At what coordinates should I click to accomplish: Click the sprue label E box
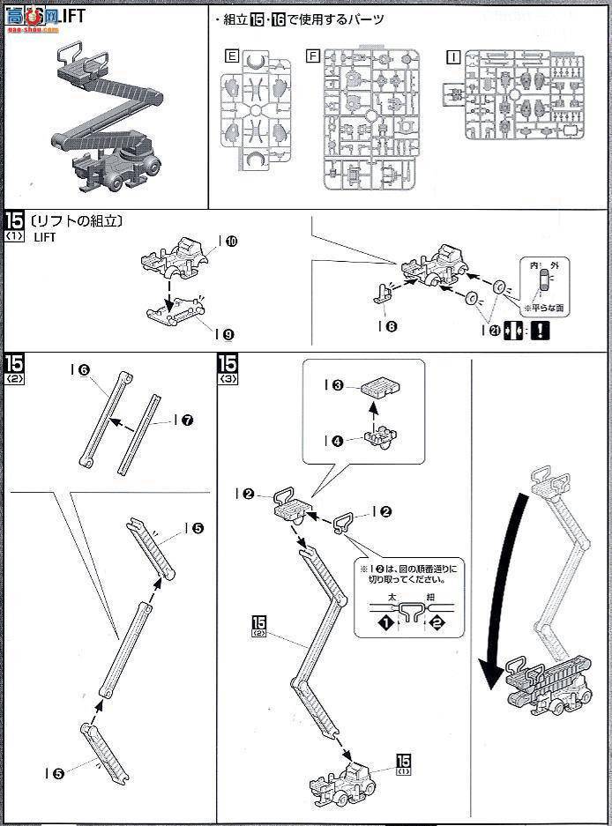[x=231, y=56]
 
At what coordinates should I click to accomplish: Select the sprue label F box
[x=312, y=56]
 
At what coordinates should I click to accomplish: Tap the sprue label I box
[x=452, y=56]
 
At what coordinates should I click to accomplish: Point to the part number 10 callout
[x=230, y=241]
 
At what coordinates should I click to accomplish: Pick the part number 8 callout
[x=391, y=325]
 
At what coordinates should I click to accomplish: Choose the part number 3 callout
[x=338, y=385]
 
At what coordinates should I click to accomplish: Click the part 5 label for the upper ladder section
[x=196, y=528]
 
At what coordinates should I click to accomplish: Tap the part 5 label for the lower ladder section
[x=57, y=773]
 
